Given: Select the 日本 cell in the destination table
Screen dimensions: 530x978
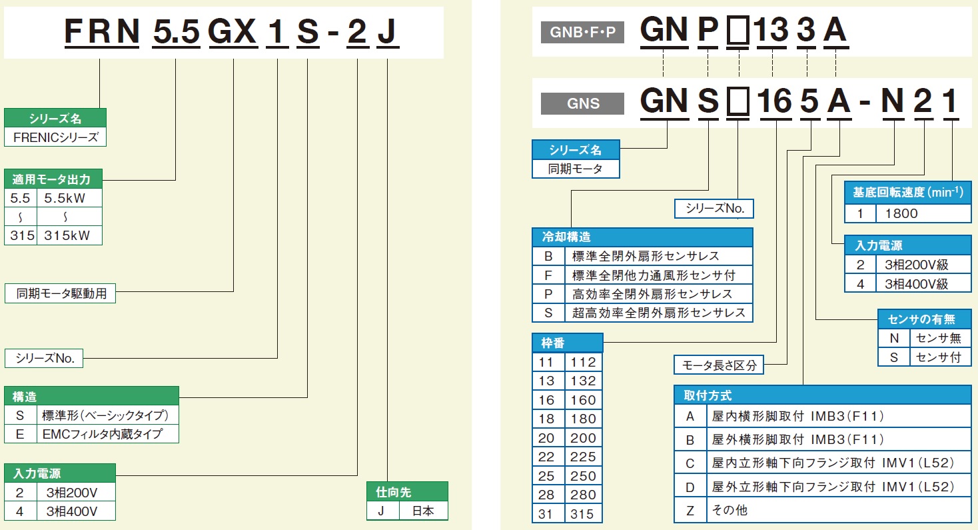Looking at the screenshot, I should (423, 511).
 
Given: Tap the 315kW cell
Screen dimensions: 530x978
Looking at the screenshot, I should (69, 235).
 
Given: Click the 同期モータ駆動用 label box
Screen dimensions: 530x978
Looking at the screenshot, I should (61, 293).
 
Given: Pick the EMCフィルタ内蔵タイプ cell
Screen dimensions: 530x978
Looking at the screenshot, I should (111, 434).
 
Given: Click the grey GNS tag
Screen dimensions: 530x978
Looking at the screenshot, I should (582, 103).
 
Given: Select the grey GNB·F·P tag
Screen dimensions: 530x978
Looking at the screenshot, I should (582, 32).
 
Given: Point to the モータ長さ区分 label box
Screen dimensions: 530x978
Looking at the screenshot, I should (720, 365).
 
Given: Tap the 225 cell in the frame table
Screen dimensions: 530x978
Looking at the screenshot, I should (583, 457).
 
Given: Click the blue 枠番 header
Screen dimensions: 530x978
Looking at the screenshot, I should (567, 343).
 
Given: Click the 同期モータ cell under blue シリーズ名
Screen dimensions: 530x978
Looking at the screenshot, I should (576, 169).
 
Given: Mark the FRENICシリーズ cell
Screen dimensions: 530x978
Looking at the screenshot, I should (55, 137).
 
